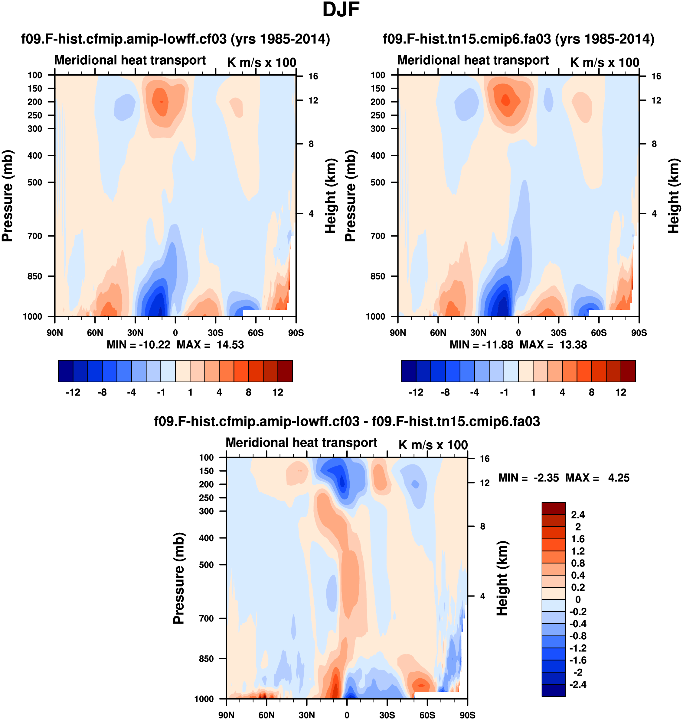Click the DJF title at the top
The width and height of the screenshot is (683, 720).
[341, 10]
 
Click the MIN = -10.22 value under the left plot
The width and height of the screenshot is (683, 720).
[138, 345]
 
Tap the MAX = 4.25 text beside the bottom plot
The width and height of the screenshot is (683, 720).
[597, 478]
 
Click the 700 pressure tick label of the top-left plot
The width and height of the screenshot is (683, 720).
[35, 236]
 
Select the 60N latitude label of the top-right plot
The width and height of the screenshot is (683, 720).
[438, 333]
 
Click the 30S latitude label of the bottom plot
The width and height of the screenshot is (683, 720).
[387, 715]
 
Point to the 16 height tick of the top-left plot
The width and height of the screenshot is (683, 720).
[313, 76]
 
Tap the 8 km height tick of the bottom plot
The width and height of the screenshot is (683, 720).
[482, 527]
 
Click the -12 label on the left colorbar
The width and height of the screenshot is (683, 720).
[73, 392]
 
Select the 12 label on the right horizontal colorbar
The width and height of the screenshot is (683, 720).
[621, 392]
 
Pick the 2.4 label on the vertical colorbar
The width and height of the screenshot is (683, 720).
[578, 515]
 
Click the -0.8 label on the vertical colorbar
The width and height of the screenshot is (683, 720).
[578, 636]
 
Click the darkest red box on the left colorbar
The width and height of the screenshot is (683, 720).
[285, 371]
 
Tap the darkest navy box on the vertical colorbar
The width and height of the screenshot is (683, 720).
[554, 690]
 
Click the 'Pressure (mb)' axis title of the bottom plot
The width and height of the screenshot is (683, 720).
[179, 578]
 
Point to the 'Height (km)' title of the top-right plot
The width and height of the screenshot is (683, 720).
[674, 196]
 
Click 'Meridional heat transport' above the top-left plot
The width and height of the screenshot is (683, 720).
[130, 60]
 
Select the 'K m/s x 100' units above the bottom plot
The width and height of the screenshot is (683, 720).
[433, 445]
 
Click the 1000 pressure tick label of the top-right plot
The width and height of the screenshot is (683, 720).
[375, 317]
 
